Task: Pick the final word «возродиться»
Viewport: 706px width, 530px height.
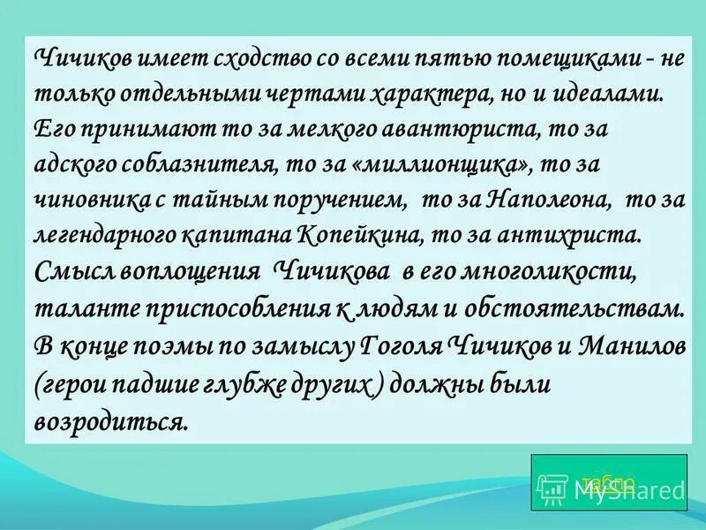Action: coord(111,418)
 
